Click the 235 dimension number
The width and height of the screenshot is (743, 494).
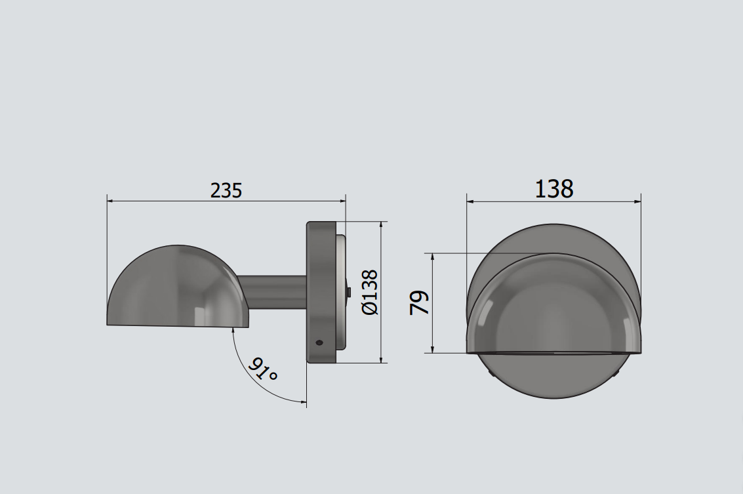[226, 190]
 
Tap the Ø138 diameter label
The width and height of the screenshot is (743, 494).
[370, 292]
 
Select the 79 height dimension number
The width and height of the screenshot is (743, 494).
[419, 303]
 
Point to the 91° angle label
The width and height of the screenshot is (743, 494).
[262, 369]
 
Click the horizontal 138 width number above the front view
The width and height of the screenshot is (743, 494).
[554, 189]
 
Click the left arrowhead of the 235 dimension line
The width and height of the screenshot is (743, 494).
[111, 201]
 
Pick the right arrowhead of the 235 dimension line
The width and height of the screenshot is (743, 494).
[342, 201]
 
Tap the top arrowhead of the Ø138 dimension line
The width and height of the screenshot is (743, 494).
[381, 226]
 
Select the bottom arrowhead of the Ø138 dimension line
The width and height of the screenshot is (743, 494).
[381, 359]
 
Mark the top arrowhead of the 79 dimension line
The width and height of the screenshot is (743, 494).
[432, 257]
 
